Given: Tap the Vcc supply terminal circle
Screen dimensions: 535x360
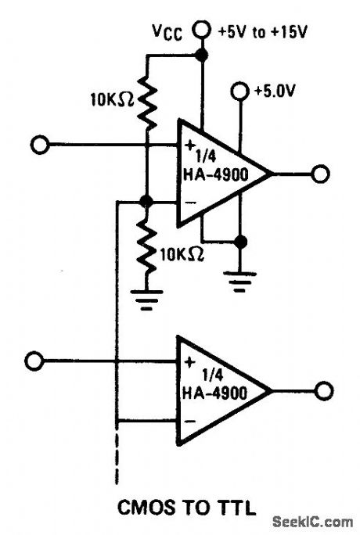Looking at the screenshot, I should [203, 30].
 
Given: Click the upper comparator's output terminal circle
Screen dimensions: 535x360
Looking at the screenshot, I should [319, 174].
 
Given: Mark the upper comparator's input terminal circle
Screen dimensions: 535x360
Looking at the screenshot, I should [40, 145].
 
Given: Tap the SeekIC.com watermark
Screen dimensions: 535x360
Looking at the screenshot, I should [314, 521].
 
